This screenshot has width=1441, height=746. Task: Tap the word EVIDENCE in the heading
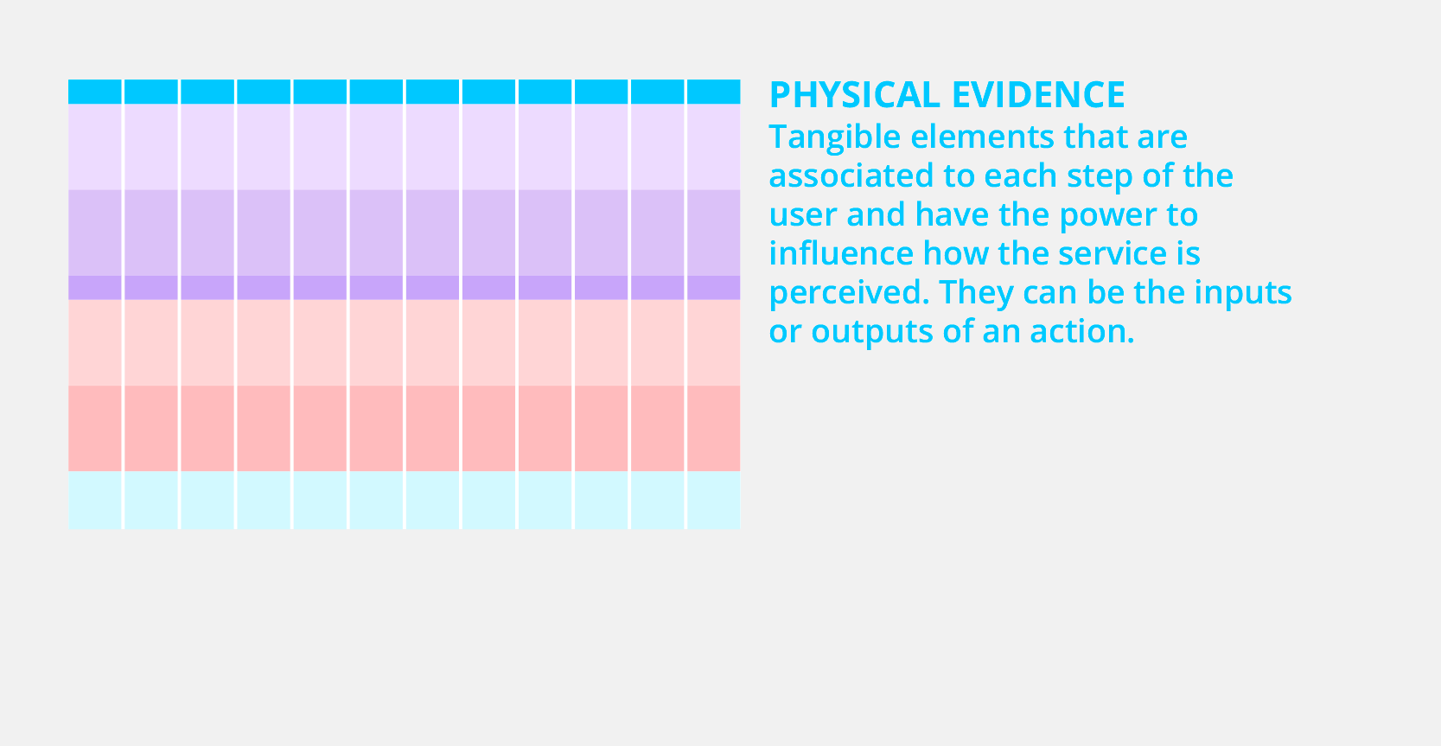(x=1038, y=95)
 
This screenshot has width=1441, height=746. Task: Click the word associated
(x=851, y=175)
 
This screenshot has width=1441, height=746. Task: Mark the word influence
(x=841, y=252)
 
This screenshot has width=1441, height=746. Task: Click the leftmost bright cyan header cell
(x=95, y=92)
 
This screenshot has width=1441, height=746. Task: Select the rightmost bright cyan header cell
(x=713, y=92)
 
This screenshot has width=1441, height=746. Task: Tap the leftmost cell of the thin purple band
(x=95, y=288)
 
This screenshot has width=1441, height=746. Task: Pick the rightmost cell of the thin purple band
(x=713, y=288)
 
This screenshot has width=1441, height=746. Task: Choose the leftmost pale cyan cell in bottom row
(x=95, y=501)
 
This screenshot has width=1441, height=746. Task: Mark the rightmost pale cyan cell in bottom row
(x=713, y=501)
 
